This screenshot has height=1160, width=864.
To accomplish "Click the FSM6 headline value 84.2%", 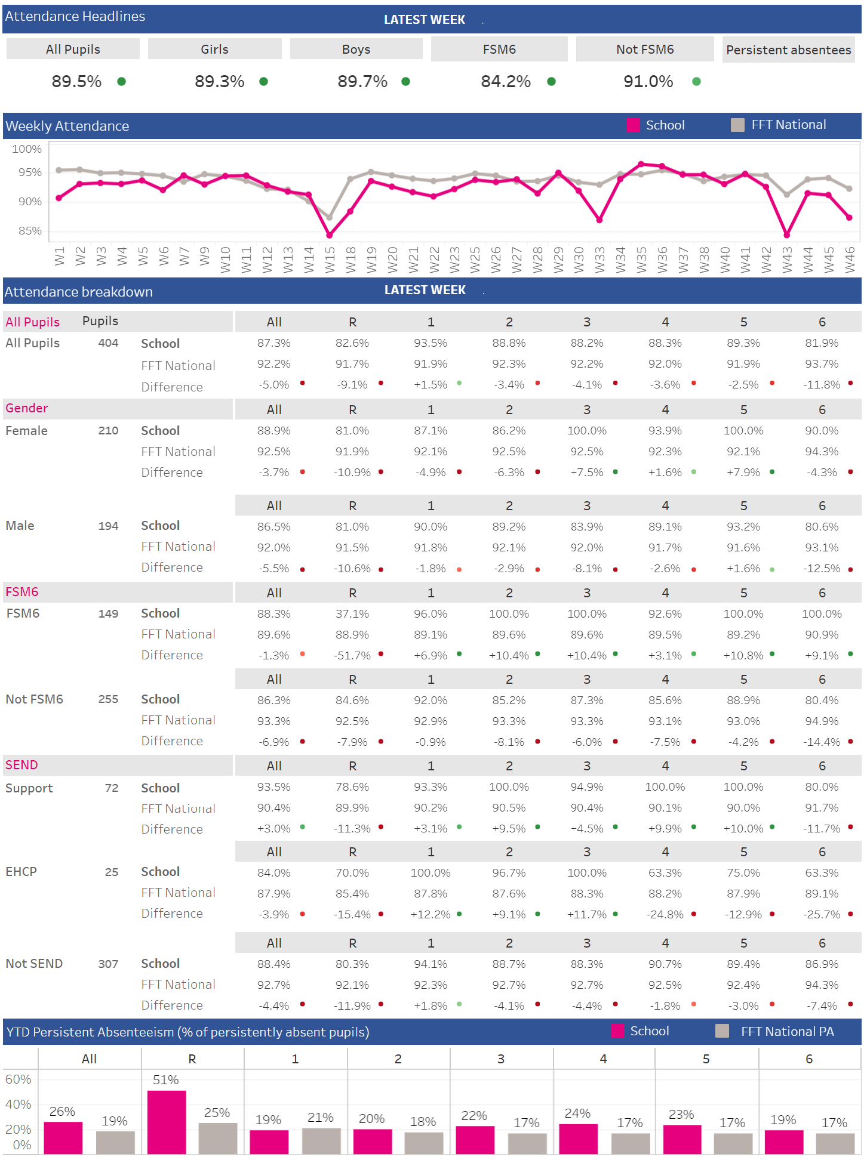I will tap(505, 81).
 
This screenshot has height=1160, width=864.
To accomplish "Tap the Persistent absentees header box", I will tap(788, 50).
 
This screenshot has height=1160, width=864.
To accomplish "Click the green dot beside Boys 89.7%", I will tap(406, 82).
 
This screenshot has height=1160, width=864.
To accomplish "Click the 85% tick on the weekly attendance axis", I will tap(30, 230).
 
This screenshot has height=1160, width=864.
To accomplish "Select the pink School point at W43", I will tap(786, 235).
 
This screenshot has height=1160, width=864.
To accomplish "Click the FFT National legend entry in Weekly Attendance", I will tap(779, 125).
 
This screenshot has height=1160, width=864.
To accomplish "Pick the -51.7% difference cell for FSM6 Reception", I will tap(352, 655).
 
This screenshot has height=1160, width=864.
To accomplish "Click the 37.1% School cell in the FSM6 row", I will tap(352, 613).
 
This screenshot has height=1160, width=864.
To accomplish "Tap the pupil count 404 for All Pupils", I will tap(108, 343).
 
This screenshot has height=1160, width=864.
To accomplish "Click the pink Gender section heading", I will tap(27, 408).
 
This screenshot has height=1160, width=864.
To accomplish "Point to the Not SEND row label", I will tap(34, 964).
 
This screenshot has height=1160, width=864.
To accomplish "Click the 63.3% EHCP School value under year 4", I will tap(665, 872).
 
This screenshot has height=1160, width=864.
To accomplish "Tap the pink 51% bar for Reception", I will tap(167, 1122).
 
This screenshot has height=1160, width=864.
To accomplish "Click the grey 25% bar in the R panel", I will tap(217, 1138).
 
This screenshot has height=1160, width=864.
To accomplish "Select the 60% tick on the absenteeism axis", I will tap(18, 1079).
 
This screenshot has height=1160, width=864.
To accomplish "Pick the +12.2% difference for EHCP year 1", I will tap(430, 914).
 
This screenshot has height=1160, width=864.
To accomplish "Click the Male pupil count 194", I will tap(108, 526).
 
